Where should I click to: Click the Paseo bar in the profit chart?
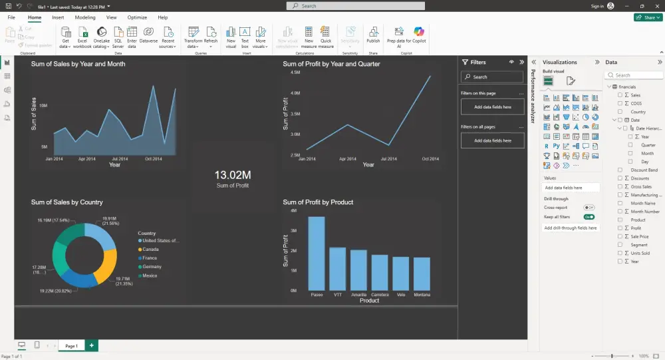(x=317, y=254)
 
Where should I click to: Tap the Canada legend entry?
(x=150, y=250)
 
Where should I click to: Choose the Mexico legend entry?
(x=150, y=275)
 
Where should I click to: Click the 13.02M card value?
(x=232, y=174)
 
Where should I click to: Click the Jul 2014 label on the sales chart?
(x=120, y=159)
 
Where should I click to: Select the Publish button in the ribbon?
(x=373, y=35)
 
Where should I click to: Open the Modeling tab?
(x=85, y=17)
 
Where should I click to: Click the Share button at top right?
(x=647, y=17)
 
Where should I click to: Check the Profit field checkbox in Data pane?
(x=620, y=228)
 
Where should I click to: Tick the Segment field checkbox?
(x=620, y=245)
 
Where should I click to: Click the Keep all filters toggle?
(x=589, y=217)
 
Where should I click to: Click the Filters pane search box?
(x=492, y=77)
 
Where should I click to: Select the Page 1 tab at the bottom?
(x=70, y=346)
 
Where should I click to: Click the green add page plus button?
(x=91, y=346)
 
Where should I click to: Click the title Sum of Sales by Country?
(x=67, y=202)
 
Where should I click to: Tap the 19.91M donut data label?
(x=109, y=220)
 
